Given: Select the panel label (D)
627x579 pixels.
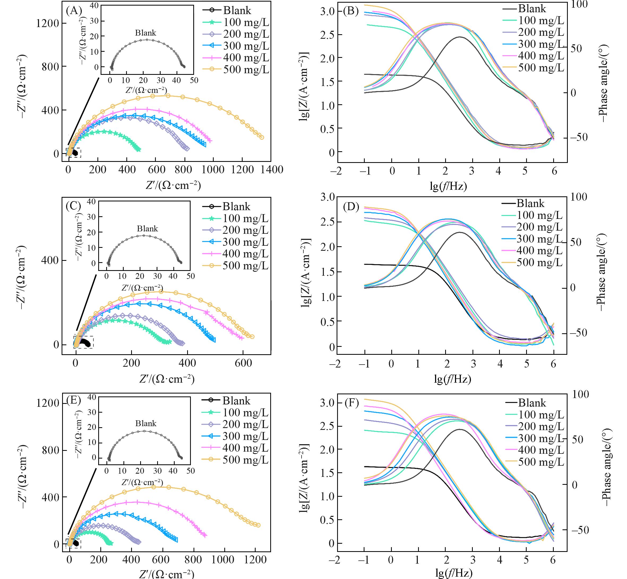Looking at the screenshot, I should [x=351, y=206].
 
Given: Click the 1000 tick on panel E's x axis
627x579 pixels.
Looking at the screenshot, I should [x=225, y=559].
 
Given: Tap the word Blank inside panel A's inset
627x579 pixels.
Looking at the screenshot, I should [x=145, y=33].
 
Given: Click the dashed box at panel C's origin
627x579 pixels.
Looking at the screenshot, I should [x=83, y=342].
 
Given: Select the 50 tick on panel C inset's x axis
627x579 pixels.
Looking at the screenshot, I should [x=191, y=276].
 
